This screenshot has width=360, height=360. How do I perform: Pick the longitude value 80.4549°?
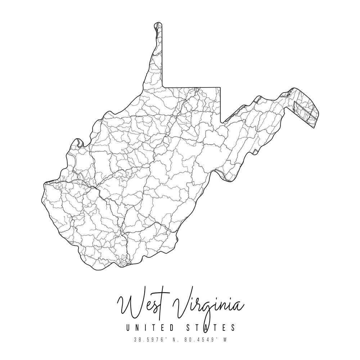point(199,339)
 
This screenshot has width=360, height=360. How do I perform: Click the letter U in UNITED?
point(127,328)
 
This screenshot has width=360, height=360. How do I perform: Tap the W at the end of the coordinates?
point(225,339)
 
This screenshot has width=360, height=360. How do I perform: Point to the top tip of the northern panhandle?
point(158,23)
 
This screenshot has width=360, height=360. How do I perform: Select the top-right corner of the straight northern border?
point(220,87)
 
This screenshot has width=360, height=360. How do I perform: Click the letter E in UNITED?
point(162,328)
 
